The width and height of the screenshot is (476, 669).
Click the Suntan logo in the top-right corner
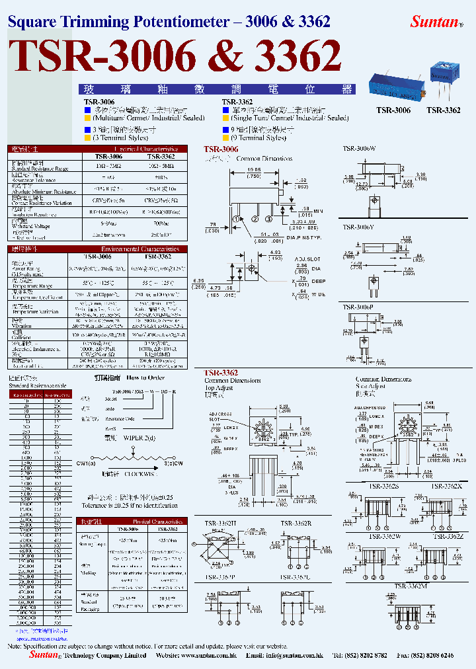(434, 21)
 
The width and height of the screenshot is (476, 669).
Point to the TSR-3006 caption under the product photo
(393, 110)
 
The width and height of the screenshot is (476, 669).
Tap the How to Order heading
(145, 378)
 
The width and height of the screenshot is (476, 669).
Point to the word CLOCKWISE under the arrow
(141, 473)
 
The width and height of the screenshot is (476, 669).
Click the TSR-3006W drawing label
(359, 149)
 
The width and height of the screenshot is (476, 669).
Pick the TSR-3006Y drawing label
(358, 227)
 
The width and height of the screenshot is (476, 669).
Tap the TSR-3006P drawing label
(358, 307)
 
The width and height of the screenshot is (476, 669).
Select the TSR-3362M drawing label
(411, 586)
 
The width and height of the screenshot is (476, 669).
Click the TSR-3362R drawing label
(296, 524)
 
